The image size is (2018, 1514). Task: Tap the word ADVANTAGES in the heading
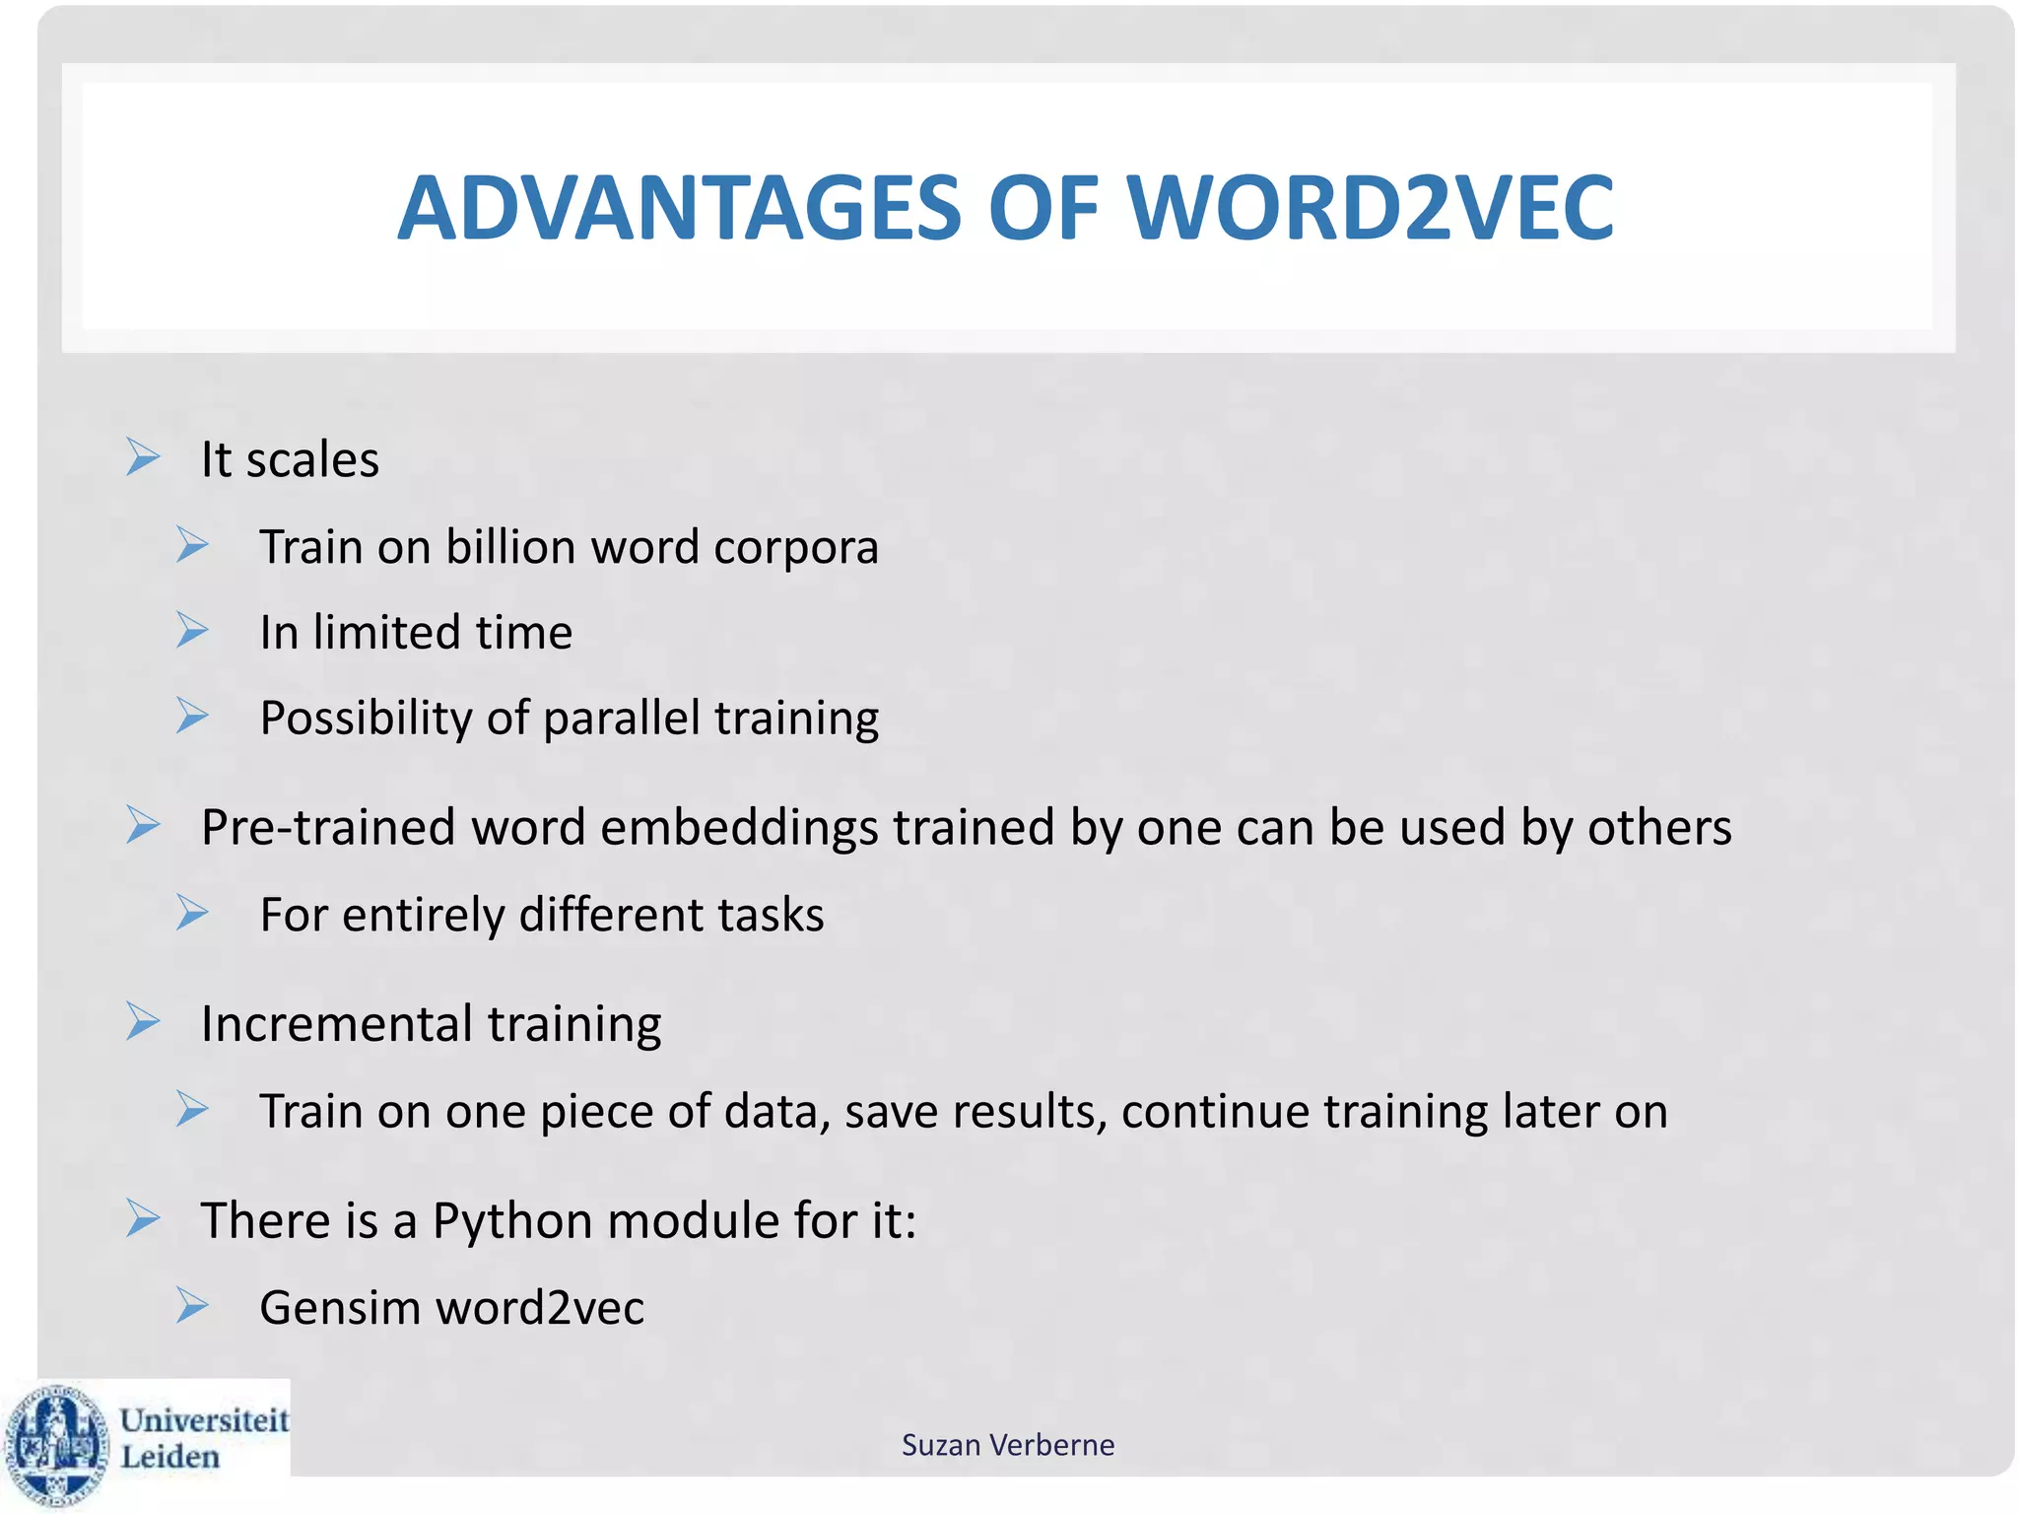679,208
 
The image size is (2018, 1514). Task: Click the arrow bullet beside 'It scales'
143,457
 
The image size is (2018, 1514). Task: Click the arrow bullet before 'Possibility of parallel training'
192,716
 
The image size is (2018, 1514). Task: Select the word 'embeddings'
738,828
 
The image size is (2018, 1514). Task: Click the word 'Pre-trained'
328,828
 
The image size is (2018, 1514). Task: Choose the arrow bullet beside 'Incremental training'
143,1021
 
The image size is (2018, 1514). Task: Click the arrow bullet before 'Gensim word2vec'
192,1306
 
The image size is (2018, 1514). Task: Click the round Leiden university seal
57,1445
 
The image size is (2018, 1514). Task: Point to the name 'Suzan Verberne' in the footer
1008,1445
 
